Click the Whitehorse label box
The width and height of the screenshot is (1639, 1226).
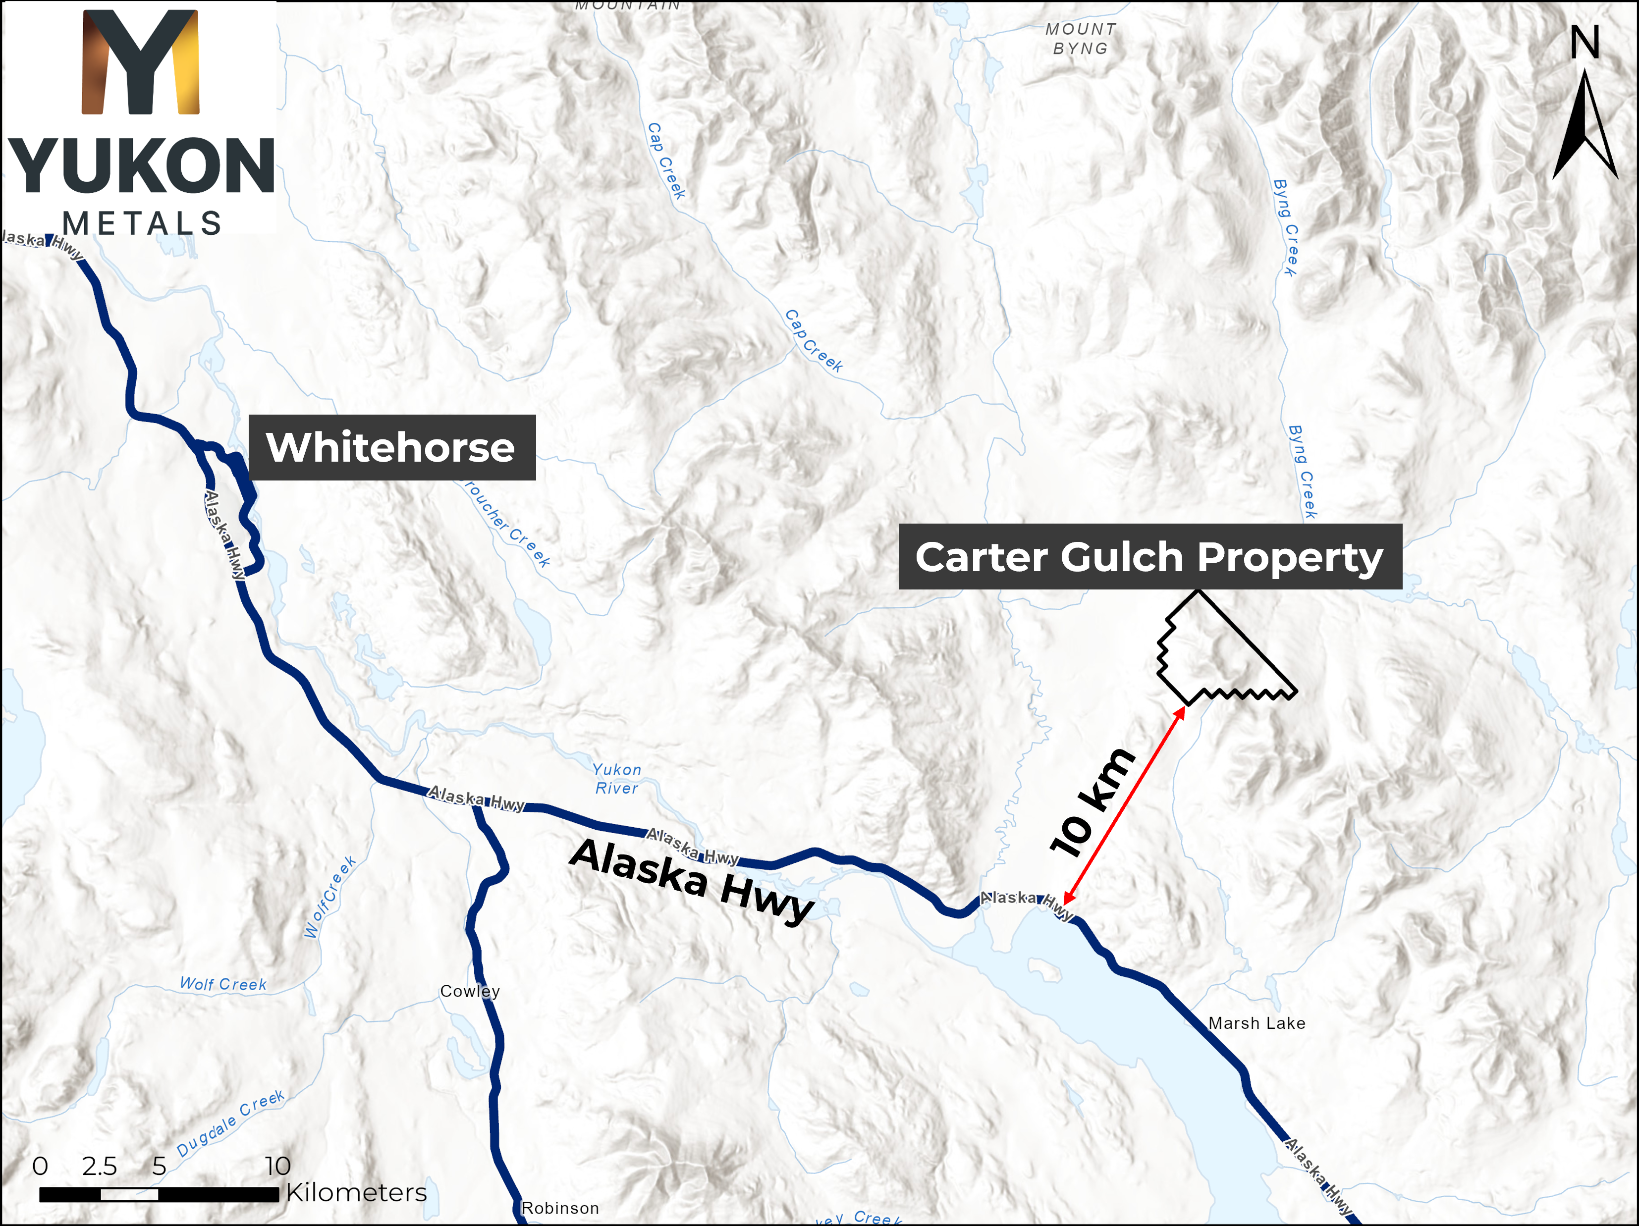(x=391, y=447)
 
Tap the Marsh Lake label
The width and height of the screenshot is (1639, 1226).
(x=1257, y=1023)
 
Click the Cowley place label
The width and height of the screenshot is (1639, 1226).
(x=470, y=991)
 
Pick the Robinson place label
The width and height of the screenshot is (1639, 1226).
(x=560, y=1208)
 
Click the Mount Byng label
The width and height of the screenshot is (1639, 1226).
(x=1080, y=39)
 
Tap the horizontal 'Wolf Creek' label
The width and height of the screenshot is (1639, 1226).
(x=223, y=984)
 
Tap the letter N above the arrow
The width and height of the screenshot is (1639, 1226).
(x=1585, y=43)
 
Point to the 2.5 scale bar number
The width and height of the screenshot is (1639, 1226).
(x=99, y=1166)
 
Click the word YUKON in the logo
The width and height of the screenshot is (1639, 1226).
(x=141, y=166)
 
